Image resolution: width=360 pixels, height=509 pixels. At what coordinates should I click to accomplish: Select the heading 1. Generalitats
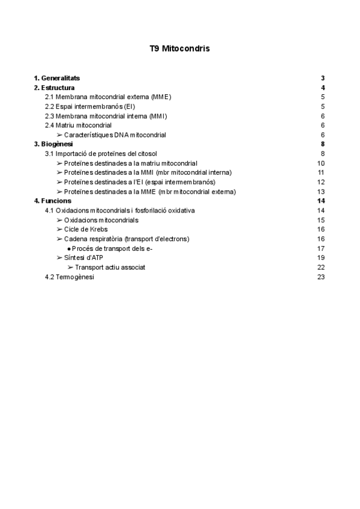[56, 78]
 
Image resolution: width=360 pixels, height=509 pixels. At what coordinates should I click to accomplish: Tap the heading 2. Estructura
[54, 88]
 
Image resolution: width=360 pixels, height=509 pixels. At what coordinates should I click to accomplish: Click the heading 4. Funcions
[52, 200]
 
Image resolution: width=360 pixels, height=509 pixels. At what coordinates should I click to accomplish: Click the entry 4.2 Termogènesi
[70, 277]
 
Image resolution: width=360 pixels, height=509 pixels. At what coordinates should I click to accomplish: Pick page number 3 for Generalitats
[323, 78]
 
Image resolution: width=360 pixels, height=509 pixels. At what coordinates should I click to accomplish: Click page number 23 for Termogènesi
[321, 277]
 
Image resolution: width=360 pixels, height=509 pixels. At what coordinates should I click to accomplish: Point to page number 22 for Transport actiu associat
[321, 267]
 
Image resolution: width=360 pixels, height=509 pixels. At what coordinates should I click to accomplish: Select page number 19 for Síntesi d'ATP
[321, 258]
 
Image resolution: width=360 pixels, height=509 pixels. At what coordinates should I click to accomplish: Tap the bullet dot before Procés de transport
[69, 248]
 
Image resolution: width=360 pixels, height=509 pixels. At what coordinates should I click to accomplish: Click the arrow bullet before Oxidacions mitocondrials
[59, 220]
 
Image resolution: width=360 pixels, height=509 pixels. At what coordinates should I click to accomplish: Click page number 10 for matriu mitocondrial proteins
[321, 163]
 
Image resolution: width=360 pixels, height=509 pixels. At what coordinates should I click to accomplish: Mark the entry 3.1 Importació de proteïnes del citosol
[101, 154]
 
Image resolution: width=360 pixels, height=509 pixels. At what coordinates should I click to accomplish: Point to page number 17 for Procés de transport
[321, 248]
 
